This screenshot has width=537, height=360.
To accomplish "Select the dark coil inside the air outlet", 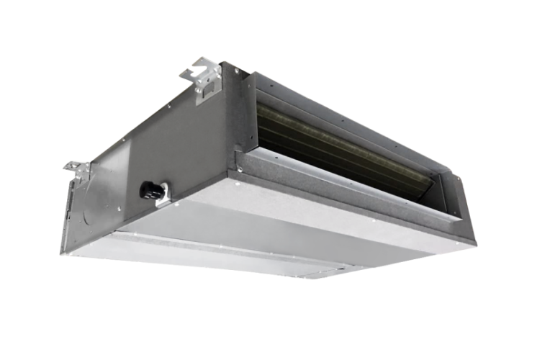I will (x=338, y=137).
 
